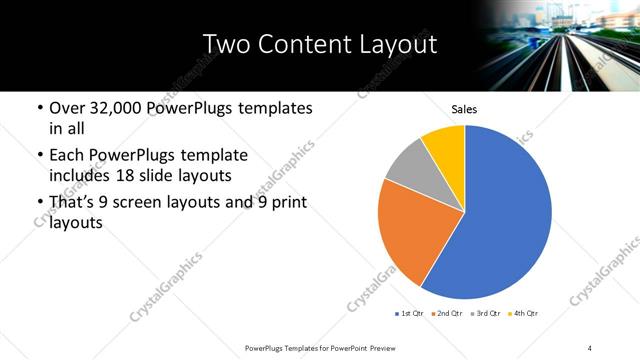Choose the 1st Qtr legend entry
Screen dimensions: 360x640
pos(410,314)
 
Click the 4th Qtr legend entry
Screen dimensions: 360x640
pos(526,314)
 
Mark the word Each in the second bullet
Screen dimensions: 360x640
pos(66,156)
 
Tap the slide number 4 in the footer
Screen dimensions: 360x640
pos(590,347)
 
